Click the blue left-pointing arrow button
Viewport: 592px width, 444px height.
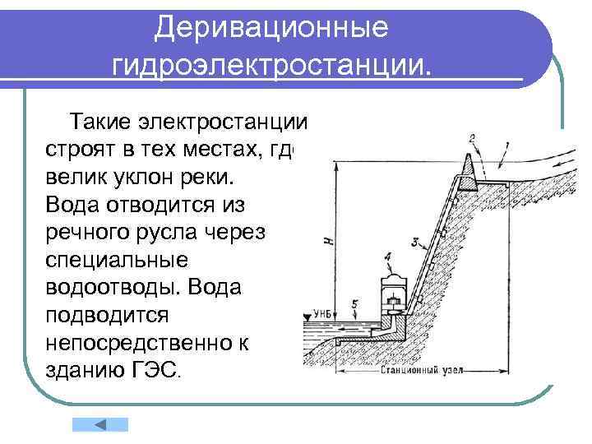[x=100, y=425]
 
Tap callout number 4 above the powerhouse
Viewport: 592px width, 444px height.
[x=387, y=257]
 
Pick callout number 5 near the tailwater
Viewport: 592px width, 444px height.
[x=354, y=304]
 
